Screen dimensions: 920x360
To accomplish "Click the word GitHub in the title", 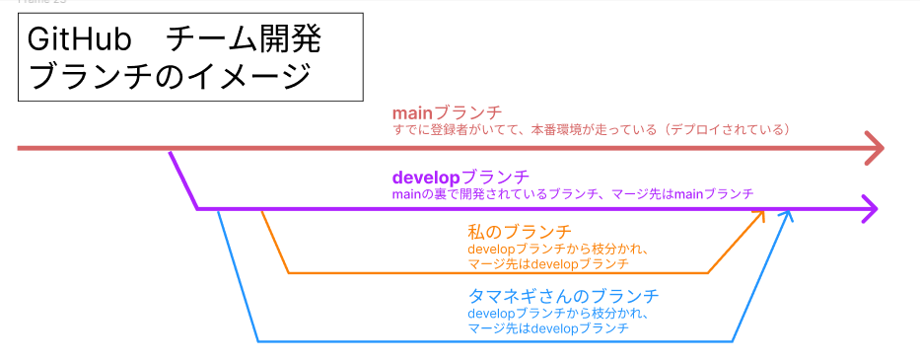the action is [78, 42].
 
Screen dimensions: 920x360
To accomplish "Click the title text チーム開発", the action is [245, 42].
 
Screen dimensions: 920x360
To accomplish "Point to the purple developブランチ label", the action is [460, 178].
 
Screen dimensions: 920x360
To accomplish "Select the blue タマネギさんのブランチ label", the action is [564, 296].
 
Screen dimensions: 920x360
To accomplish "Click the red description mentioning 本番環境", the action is [591, 130].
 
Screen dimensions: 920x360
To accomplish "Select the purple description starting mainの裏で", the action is [572, 193].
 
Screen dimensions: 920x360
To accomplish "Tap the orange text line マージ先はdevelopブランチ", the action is [549, 265].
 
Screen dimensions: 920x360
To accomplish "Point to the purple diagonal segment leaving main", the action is [183, 180].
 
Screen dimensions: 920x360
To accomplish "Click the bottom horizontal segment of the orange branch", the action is [498, 273].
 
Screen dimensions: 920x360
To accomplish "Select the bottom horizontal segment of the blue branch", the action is [495, 341].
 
